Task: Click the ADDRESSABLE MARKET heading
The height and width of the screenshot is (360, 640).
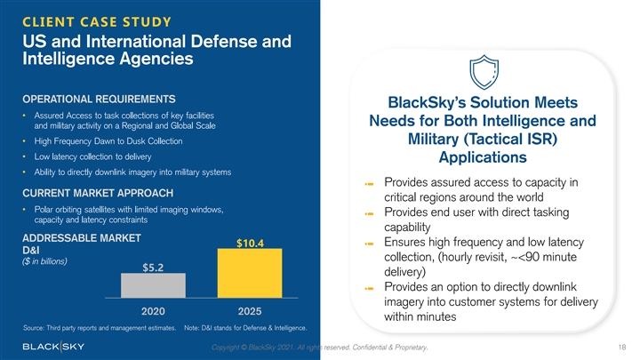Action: click(79, 238)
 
